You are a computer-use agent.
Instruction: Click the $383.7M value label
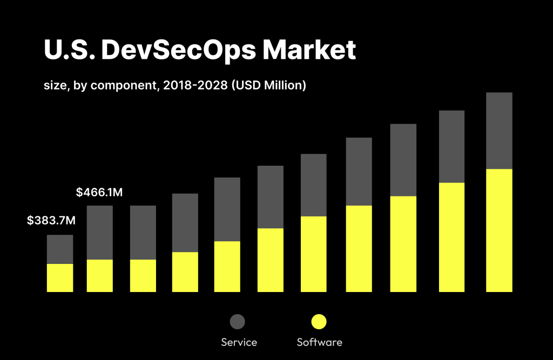51,220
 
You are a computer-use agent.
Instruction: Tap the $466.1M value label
100,192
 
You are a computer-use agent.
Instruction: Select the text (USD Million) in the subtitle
268,85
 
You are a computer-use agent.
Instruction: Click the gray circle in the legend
237,322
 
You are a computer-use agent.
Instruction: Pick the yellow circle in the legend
319,322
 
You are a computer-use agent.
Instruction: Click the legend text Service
239,342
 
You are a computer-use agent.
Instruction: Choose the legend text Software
320,342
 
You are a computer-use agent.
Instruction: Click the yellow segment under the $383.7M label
60,278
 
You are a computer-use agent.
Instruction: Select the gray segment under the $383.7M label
60,249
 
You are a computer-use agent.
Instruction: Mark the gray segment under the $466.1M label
100,233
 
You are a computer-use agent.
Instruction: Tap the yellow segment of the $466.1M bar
100,276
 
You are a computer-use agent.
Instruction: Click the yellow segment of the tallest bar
499,230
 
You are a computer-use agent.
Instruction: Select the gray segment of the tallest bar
499,131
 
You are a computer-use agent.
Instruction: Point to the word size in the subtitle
55,85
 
